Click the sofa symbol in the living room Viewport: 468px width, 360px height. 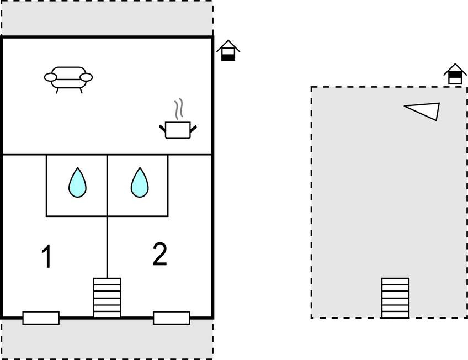(68, 77)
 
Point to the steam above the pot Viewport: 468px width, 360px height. (177, 110)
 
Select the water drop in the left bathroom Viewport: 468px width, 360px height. (77, 183)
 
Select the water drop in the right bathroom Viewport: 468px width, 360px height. (140, 183)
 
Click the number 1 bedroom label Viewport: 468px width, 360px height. (47, 257)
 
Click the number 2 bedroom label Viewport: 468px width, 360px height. (159, 255)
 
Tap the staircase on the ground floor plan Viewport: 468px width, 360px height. (107, 298)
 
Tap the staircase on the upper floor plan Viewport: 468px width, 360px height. (395, 298)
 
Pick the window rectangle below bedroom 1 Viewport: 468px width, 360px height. (41, 317)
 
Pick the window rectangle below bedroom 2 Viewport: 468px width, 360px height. (171, 317)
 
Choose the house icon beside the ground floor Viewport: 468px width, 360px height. (228, 51)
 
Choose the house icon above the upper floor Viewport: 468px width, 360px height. (455, 74)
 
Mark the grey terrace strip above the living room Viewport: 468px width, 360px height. (107, 18)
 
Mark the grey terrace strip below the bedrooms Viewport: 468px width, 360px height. (107, 340)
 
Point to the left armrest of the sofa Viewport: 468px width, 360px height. (51, 77)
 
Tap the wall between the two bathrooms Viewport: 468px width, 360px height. (107, 185)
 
